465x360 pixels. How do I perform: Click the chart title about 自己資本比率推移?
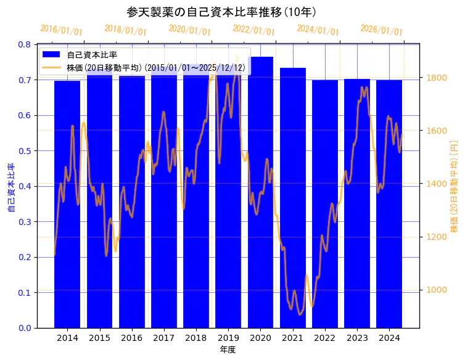221,12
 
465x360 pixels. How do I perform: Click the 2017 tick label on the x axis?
163,338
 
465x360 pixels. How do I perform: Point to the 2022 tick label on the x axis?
324,338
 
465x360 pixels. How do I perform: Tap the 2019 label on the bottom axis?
228,338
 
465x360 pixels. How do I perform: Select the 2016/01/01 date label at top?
61,30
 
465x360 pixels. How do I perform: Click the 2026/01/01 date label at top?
381,30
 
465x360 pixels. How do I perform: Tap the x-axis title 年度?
228,350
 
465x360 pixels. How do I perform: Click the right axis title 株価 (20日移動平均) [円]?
455,185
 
